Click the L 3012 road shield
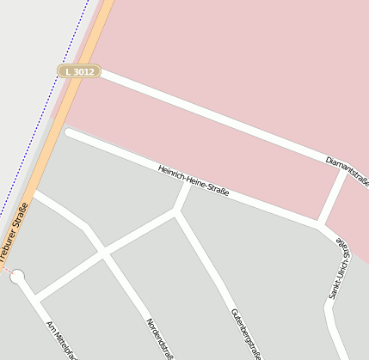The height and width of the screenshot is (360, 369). tap(79, 72)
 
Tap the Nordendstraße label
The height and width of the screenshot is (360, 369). tap(161, 338)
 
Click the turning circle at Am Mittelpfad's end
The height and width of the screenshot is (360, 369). tap(17, 277)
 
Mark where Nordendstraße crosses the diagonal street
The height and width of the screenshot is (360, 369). tap(104, 252)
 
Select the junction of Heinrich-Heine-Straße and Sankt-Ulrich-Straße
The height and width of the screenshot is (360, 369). tap(319, 226)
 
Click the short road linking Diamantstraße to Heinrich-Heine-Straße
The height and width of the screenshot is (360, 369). tap(331, 198)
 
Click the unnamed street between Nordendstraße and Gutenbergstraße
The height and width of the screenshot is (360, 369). tap(142, 231)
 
